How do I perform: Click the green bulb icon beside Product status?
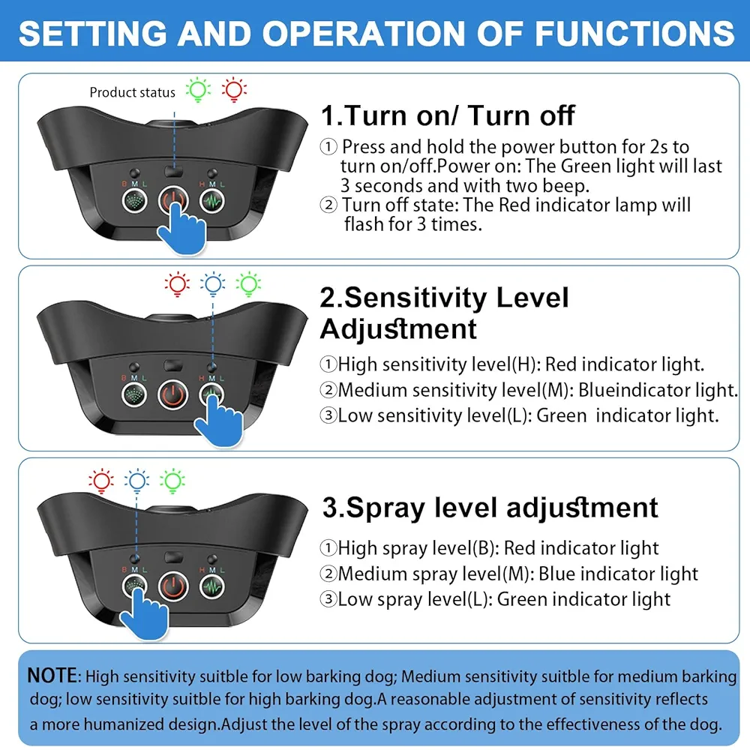pyautogui.click(x=198, y=90)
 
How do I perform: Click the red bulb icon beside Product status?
pyautogui.click(x=234, y=90)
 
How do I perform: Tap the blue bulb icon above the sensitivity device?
pyautogui.click(x=213, y=284)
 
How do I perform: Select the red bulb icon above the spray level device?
pyautogui.click(x=101, y=481)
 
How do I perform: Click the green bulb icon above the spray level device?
pyautogui.click(x=172, y=481)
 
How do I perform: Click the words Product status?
pyautogui.click(x=133, y=92)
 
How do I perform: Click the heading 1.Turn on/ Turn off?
pyautogui.click(x=448, y=115)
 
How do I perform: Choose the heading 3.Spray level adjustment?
pyautogui.click(x=490, y=508)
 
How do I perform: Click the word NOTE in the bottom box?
pyautogui.click(x=52, y=676)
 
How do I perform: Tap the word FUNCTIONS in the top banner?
pyautogui.click(x=634, y=34)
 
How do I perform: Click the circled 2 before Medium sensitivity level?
pyautogui.click(x=328, y=390)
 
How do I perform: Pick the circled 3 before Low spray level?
pyautogui.click(x=328, y=598)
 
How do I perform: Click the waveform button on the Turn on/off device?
pyautogui.click(x=212, y=201)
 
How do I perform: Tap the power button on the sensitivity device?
pyautogui.click(x=172, y=394)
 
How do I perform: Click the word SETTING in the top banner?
pyautogui.click(x=93, y=34)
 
